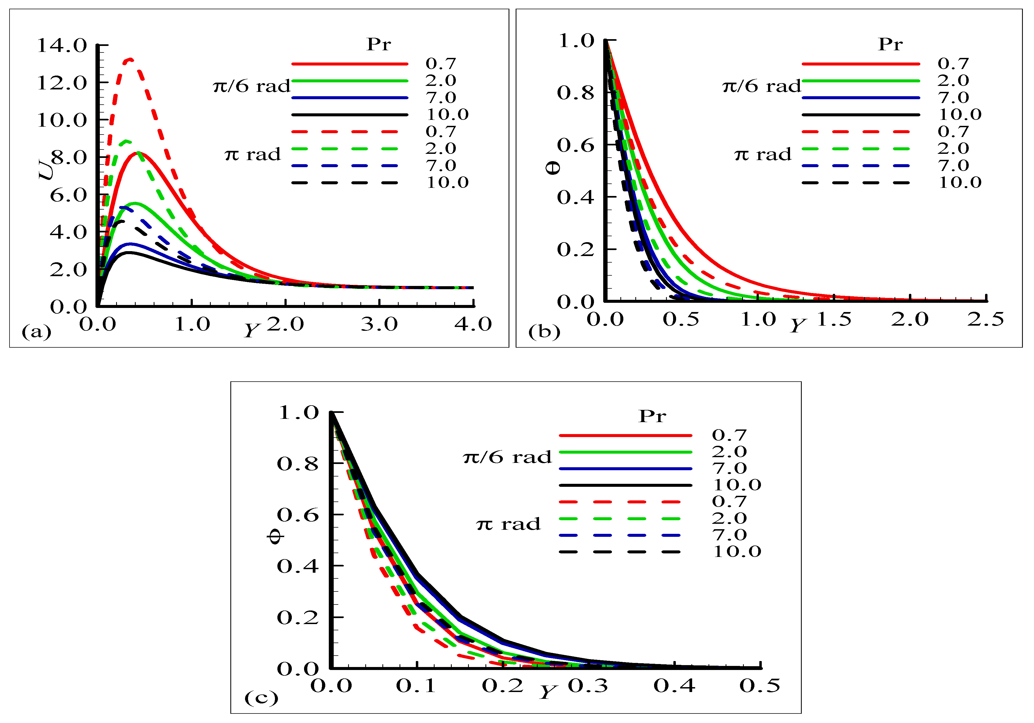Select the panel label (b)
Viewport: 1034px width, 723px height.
point(544,332)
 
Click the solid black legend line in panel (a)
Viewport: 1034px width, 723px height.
point(349,115)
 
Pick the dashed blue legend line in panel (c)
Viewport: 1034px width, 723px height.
point(619,535)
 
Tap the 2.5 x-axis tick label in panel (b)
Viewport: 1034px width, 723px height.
point(985,319)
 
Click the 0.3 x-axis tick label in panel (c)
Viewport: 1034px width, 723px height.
point(588,686)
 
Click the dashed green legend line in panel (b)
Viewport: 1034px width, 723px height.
point(856,149)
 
